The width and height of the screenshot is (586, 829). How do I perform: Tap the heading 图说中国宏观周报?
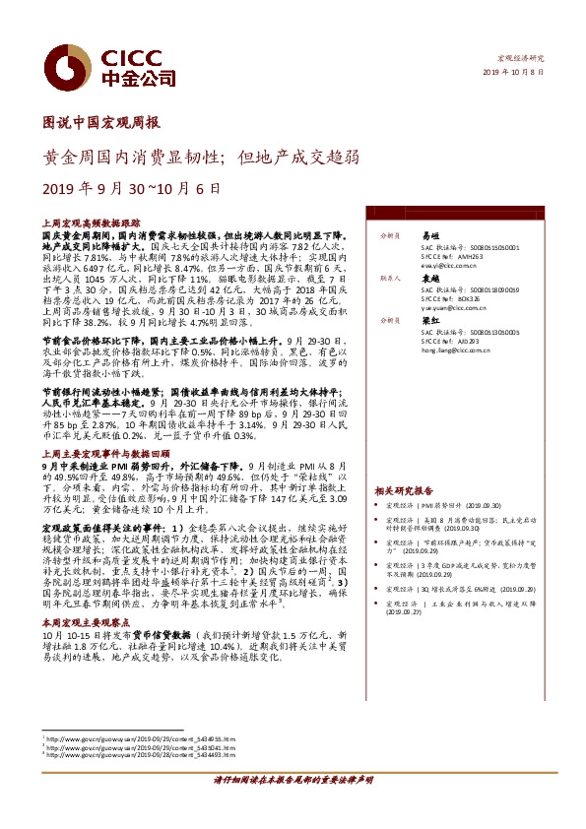[x=102, y=123]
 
